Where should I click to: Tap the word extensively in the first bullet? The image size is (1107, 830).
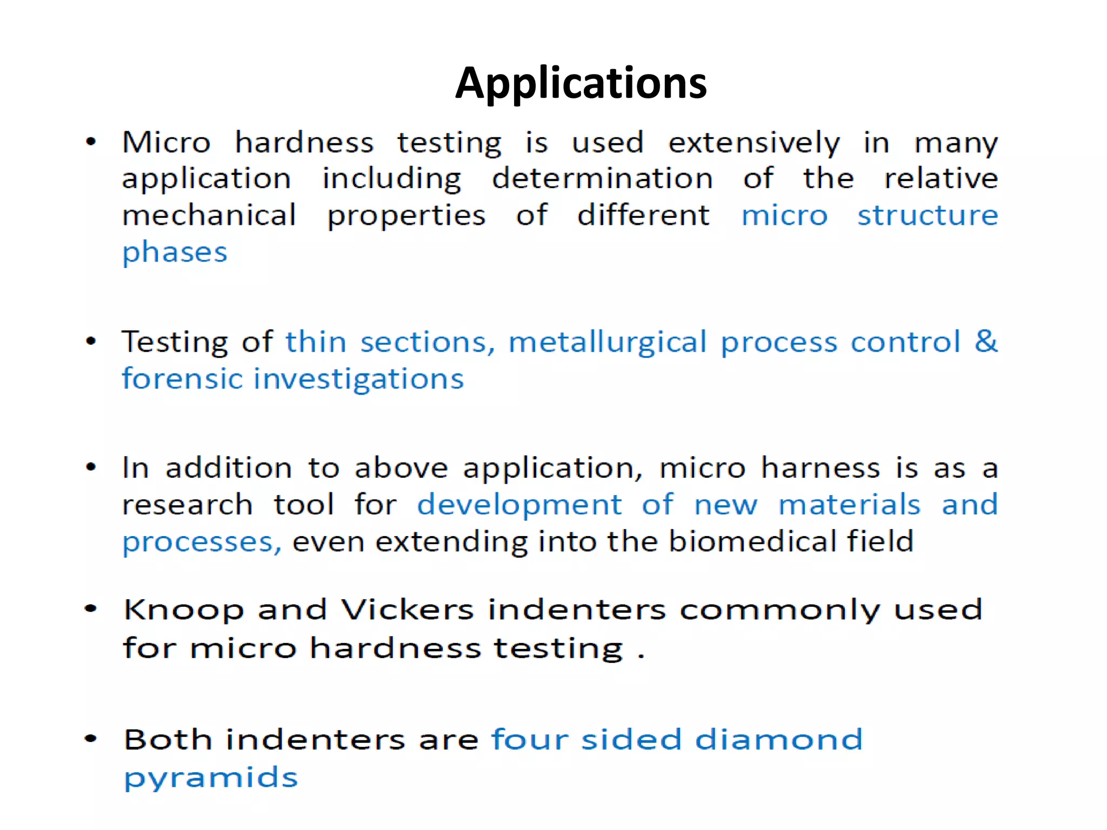tap(754, 143)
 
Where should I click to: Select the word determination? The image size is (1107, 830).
tap(602, 179)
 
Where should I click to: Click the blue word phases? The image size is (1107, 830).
tap(175, 253)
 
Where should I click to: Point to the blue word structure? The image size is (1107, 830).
tap(928, 216)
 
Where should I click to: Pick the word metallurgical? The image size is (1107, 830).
tap(607, 343)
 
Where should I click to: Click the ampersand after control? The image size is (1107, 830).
tap(986, 342)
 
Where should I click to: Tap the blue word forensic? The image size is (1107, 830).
tap(182, 378)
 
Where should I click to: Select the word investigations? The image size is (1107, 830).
tap(359, 379)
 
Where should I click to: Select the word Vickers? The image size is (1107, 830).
tap(408, 610)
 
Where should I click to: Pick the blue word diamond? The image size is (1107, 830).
tap(779, 739)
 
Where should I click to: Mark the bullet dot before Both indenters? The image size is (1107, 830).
tap(91, 739)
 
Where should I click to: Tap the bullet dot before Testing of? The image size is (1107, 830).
tap(91, 342)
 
